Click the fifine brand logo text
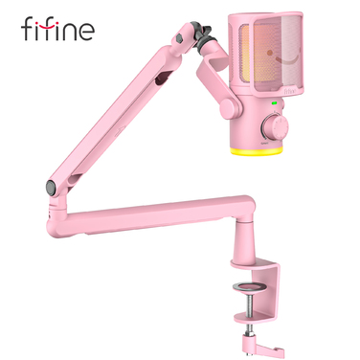tap(57, 30)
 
